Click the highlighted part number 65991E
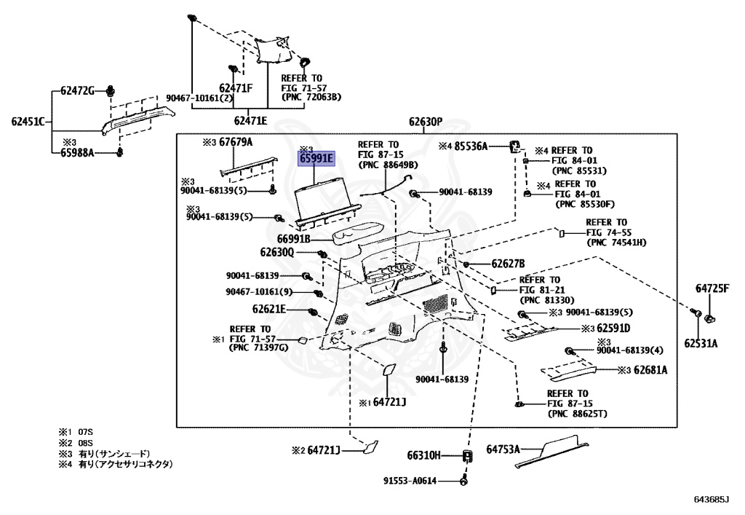tap(316, 158)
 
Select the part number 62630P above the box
tap(425, 122)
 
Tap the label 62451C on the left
tap(28, 121)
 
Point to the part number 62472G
tap(77, 90)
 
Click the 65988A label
tap(77, 153)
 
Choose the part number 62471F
tap(236, 88)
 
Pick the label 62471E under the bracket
tap(250, 120)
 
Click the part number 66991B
tap(294, 238)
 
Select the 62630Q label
tap(277, 252)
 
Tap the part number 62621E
tap(269, 310)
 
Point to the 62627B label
tap(508, 264)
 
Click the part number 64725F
tap(712, 288)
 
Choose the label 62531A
tap(700, 342)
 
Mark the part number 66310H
tap(424, 456)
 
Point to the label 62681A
tap(650, 370)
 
